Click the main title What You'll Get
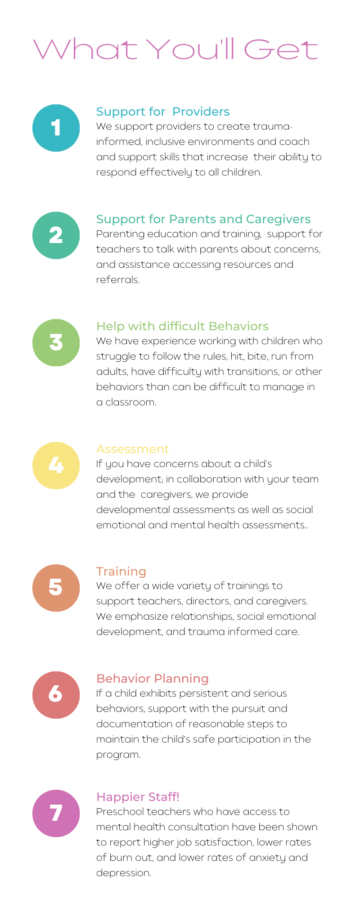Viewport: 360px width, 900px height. pos(176,49)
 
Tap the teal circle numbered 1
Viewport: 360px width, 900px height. pos(56,128)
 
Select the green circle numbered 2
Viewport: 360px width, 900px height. pos(56,235)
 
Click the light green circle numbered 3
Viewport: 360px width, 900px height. pos(56,342)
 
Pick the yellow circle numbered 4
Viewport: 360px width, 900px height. pos(56,465)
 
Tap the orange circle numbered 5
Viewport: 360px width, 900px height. pos(56,588)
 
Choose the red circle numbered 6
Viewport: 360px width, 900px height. pos(56,695)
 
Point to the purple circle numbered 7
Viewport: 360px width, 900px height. pos(56,813)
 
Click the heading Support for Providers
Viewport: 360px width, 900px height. pos(163,112)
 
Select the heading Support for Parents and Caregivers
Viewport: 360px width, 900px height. pos(203,219)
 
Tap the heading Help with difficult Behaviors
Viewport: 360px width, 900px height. pos(182,326)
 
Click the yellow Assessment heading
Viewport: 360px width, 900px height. pos(133,449)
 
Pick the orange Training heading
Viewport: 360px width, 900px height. pos(121,571)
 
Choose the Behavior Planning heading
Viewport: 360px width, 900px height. pos(153,679)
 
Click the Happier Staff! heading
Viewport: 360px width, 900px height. pos(138,797)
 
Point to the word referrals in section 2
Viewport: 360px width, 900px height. pos(118,279)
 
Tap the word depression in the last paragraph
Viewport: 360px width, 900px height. pos(124,873)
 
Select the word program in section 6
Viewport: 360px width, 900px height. pos(118,755)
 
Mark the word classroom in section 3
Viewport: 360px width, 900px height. pos(131,402)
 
